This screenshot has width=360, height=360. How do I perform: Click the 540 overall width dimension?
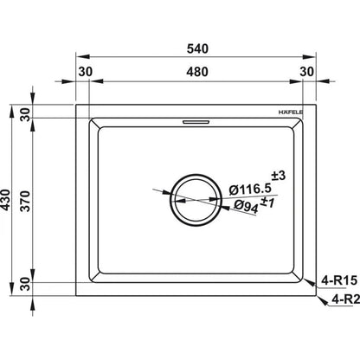tap(197, 48)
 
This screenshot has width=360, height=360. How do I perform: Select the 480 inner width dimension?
tap(197, 72)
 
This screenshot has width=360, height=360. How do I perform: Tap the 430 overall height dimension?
tap(5, 200)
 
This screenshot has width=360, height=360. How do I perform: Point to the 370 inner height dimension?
tap(25, 201)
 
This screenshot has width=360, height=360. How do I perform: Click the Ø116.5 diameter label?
tap(250, 189)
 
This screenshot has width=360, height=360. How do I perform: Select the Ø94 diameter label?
tap(246, 206)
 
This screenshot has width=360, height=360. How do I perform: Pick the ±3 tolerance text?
tap(279, 176)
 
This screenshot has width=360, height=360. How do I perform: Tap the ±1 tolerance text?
tap(267, 202)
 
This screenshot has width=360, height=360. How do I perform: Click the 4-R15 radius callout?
tap(339, 280)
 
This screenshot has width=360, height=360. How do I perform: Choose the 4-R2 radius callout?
tap(345, 299)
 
